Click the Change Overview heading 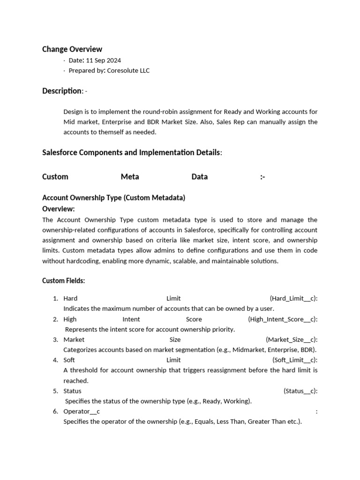[x=72, y=49]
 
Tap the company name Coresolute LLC [x=128, y=71]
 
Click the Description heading [x=62, y=91]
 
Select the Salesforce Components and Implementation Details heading [x=131, y=152]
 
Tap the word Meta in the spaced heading [x=130, y=177]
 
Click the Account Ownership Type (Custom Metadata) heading [x=113, y=198]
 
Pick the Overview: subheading [x=59, y=209]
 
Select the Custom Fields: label [x=63, y=281]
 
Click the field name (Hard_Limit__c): [x=293, y=299]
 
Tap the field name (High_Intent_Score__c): [x=283, y=319]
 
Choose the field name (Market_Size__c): [x=292, y=340]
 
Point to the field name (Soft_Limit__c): [x=295, y=360]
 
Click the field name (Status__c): [x=300, y=391]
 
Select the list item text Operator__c [x=82, y=412]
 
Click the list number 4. [x=55, y=360]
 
